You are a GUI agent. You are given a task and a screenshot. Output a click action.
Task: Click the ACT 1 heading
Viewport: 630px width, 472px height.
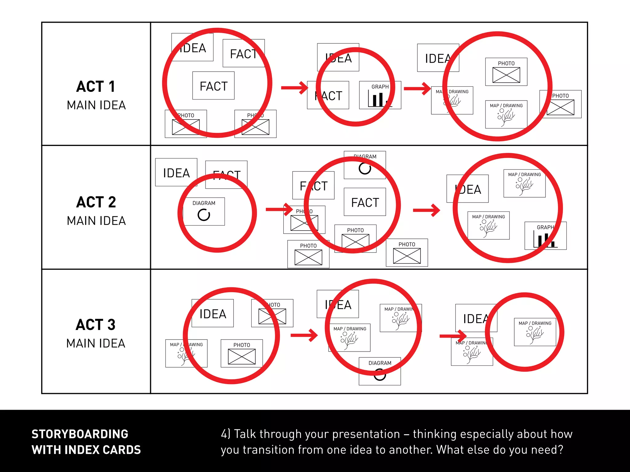[96, 87]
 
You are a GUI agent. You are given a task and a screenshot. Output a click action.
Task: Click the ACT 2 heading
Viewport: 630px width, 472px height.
[96, 202]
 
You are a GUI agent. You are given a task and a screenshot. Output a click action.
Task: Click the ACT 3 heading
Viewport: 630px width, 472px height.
[96, 325]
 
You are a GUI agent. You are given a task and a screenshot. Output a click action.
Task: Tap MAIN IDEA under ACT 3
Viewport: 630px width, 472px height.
[96, 343]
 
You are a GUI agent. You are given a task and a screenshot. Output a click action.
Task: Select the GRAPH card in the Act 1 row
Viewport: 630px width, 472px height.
[380, 95]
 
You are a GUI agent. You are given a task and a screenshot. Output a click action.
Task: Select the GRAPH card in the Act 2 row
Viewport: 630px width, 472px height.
[545, 236]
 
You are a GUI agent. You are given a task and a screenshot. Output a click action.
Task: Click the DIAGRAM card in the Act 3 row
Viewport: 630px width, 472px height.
[380, 371]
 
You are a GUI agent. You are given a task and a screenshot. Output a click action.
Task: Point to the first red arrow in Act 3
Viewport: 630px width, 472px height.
[304, 335]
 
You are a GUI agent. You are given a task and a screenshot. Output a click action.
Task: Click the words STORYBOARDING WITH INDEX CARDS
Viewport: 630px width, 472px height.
[86, 442]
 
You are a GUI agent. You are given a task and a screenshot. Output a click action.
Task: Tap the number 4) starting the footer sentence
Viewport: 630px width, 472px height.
[225, 434]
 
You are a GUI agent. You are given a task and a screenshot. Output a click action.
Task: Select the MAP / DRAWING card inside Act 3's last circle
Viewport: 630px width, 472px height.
[535, 332]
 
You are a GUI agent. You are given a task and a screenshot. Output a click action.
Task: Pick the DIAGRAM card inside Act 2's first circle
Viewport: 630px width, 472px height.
[204, 211]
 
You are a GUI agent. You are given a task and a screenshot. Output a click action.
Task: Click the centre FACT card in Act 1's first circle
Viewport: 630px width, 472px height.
[213, 86]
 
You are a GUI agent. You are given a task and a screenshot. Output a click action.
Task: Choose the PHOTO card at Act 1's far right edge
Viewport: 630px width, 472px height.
[560, 104]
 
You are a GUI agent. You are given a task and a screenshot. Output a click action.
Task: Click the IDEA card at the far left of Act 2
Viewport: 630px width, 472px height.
[176, 172]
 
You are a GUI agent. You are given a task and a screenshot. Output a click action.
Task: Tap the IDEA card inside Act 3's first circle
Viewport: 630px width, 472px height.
[213, 313]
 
